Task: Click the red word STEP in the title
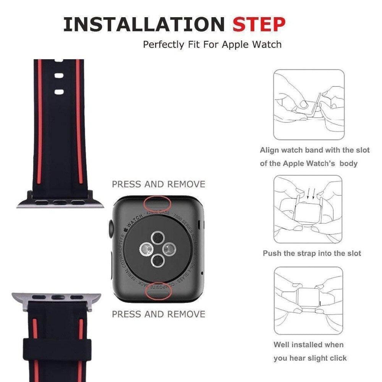(x=259, y=24)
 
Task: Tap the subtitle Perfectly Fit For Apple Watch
(x=212, y=44)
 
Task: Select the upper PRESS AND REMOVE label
(x=159, y=184)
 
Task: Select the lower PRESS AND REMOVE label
(x=159, y=314)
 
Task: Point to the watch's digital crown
(x=110, y=230)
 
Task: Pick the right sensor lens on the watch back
(x=168, y=249)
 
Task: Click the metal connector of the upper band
(x=60, y=203)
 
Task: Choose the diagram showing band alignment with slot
(x=309, y=105)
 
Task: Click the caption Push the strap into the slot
(x=312, y=253)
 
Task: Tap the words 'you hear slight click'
(x=310, y=358)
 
